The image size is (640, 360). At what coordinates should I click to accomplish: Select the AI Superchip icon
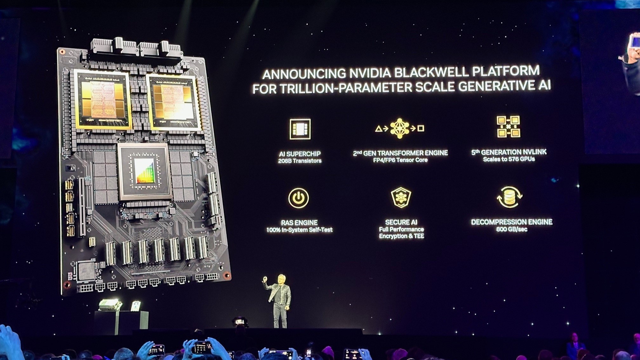[300, 129]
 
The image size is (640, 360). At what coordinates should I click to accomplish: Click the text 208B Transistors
[300, 161]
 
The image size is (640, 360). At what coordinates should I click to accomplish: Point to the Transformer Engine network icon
[400, 128]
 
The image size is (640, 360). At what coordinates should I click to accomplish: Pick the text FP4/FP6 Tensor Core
[400, 160]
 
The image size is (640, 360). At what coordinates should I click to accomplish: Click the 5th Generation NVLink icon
[508, 126]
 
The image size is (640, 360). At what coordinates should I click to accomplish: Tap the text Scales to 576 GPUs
[509, 159]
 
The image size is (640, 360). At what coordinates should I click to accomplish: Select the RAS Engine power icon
[298, 198]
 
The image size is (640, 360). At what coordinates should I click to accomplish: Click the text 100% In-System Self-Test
[299, 230]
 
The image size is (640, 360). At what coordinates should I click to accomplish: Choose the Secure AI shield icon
[401, 197]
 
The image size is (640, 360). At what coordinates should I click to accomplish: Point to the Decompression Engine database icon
[509, 197]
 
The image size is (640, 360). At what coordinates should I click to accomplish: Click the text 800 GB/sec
[512, 229]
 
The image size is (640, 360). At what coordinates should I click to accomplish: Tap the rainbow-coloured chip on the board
[144, 171]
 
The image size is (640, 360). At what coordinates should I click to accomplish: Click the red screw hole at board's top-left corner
[63, 52]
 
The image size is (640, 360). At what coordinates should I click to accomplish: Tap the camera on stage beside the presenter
[240, 322]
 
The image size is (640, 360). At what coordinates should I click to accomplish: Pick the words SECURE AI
[401, 222]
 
